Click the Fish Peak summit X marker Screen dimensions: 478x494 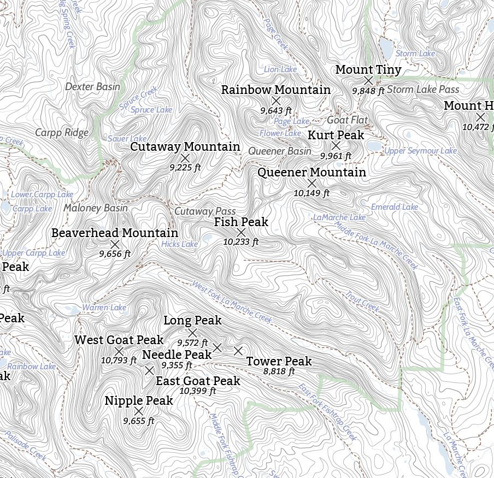pos(241,233)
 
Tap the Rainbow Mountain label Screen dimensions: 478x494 pos(275,90)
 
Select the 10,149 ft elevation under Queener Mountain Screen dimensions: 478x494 pos(311,193)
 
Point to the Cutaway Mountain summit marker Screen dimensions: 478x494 pos(185,158)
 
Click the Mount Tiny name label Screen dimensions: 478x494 pos(368,70)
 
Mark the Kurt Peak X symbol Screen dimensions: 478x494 pos(336,145)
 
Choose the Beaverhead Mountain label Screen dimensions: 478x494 pos(115,233)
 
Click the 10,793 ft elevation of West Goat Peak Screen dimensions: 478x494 pos(119,361)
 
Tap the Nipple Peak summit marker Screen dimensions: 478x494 pos(139,411)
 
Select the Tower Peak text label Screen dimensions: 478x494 pos(279,361)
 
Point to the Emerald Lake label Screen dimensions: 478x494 pos(394,207)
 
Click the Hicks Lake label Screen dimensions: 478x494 pos(179,244)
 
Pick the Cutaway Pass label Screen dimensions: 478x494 pos(205,211)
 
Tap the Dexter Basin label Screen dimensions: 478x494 pos(92,86)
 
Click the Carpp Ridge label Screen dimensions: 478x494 pos(62,132)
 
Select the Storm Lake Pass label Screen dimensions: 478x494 pos(423,89)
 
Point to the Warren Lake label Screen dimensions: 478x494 pos(104,308)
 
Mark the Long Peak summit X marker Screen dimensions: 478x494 pos(192,333)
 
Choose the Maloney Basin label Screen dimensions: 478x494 pos(96,208)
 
